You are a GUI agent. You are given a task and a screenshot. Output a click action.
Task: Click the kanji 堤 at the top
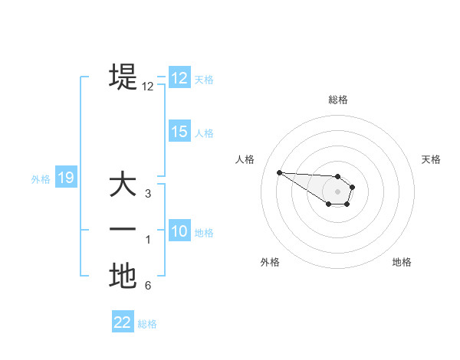pos(123,77)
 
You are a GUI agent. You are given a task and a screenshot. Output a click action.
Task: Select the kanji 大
pos(123,185)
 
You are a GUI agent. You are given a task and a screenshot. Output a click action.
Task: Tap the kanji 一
pos(123,231)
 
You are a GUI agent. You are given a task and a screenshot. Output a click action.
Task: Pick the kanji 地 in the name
pos(123,276)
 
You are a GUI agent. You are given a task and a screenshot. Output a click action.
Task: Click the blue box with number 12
pos(179,78)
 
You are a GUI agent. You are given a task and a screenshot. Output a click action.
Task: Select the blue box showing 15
pos(179,132)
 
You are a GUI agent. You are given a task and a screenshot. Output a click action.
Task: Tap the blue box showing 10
pos(179,231)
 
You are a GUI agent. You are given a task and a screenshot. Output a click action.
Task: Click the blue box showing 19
pos(66,178)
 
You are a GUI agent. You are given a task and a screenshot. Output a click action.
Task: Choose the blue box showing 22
pos(123,322)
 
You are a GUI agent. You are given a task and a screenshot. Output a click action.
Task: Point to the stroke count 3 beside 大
pos(148,194)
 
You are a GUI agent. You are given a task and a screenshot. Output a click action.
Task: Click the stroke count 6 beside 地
pos(148,286)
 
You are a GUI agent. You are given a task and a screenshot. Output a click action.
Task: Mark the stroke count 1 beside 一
pos(148,240)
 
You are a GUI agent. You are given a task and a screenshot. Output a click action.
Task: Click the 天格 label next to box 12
pos(204,80)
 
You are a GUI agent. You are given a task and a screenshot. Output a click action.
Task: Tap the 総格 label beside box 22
pos(147,324)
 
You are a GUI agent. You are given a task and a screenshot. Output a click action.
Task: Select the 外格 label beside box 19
pos(41,179)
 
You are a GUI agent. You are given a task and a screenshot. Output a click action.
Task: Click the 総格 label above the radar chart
pos(338,100)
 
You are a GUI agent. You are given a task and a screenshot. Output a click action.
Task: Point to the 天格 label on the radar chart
pos(431,159)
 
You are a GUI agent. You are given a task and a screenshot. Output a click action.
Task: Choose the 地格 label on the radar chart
pos(402,262)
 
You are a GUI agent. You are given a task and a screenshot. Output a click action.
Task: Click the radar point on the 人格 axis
pos(279,172)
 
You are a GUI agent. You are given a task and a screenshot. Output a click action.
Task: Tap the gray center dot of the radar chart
pos(338,191)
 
